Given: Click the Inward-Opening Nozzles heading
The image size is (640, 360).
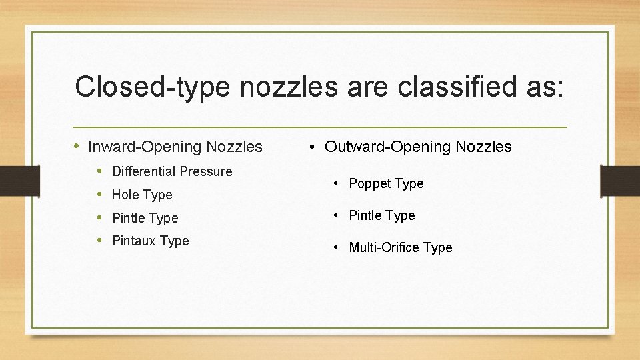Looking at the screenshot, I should coord(175,147).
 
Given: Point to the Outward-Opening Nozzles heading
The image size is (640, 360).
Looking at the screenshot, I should coord(418,147).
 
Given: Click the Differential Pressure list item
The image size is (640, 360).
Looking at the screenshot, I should coord(172,171).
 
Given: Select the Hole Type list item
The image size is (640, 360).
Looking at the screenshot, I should coord(142,195).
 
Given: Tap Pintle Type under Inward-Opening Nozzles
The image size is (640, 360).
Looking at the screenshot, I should coord(145,218).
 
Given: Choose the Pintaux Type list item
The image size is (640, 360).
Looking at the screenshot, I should coord(151,241).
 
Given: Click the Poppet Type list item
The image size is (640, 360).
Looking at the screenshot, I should coord(386,183).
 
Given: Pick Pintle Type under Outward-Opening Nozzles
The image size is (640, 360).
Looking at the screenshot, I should coord(382,215).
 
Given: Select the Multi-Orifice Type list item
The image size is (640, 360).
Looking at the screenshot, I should coord(401,247).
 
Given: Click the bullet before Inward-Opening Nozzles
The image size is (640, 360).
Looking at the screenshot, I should coord(78,146).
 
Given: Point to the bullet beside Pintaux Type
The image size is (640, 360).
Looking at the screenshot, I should coord(100,241).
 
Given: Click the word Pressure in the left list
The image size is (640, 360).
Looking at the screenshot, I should coord(207,171).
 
